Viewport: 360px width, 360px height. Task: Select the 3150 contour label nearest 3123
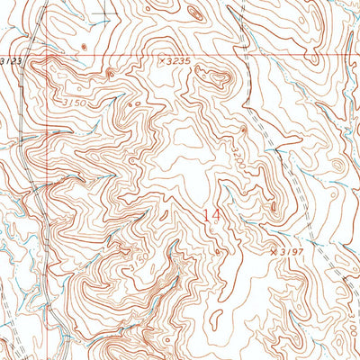coord(75,103)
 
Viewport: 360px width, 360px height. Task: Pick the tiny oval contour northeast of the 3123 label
coord(83,46)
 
